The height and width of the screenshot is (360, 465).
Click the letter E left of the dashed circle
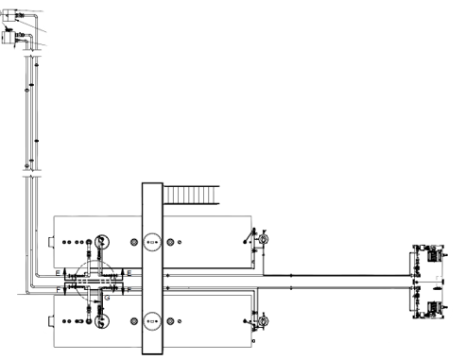tap(57, 272)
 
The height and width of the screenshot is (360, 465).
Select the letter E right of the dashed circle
tap(129, 272)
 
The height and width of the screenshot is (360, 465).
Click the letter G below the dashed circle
tap(107, 299)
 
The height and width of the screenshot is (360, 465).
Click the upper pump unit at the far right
tap(433, 253)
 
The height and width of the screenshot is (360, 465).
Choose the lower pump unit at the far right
tap(433, 306)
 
